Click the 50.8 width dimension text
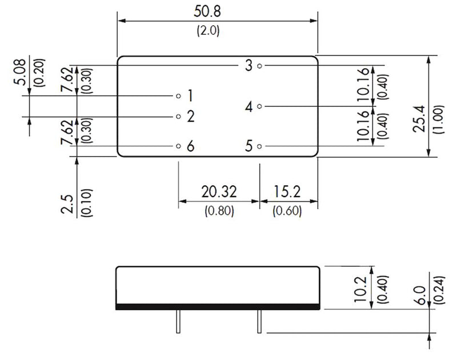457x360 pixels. pos(207,11)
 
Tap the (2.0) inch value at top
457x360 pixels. pos(208,30)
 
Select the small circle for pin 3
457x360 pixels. pos(259,66)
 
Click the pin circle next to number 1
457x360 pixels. pos(178,96)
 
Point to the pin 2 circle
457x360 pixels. pos(178,117)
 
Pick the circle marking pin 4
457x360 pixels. pos(259,106)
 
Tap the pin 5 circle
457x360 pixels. pos(259,146)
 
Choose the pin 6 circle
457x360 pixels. pos(178,146)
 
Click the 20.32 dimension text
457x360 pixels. pos(219,191)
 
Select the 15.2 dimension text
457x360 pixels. pos(287,191)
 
